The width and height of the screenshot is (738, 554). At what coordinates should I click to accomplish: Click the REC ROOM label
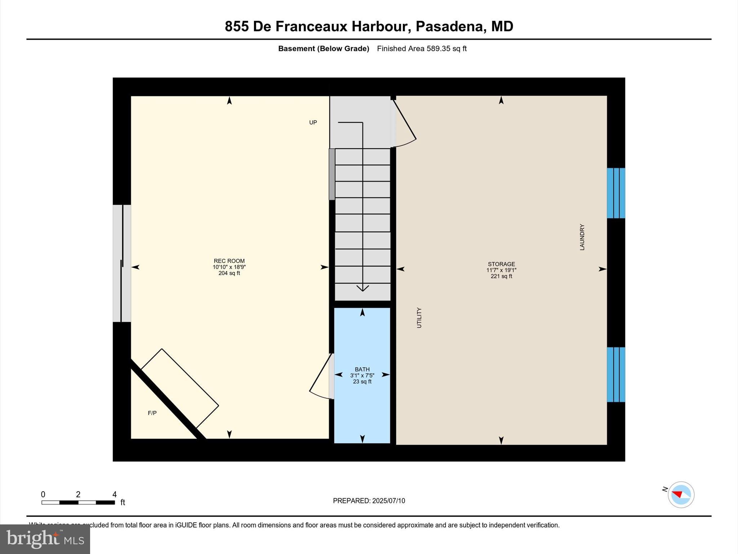tap(229, 261)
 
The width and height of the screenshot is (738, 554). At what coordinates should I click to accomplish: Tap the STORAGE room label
tap(501, 264)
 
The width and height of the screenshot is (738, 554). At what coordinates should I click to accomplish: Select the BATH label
tap(362, 369)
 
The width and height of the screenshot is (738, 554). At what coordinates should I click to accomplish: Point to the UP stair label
tap(313, 123)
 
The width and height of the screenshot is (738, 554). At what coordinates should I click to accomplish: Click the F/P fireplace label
tap(152, 413)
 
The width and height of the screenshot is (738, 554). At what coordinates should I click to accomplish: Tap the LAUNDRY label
tap(582, 237)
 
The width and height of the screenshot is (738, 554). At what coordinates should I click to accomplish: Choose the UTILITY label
tap(419, 318)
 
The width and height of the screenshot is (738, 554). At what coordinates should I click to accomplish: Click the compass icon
tap(681, 495)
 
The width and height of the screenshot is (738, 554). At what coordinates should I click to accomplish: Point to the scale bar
tap(78, 502)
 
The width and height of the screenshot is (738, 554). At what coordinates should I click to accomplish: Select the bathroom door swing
tap(321, 379)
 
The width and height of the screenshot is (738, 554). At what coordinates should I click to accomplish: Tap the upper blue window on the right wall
tap(616, 193)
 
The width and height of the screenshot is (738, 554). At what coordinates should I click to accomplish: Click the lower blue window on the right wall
tap(616, 374)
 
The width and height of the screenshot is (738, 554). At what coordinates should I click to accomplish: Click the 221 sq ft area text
tap(501, 276)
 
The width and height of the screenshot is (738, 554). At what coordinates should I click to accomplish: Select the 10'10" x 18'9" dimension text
tap(229, 267)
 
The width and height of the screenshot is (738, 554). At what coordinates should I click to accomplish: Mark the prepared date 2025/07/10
tap(388, 501)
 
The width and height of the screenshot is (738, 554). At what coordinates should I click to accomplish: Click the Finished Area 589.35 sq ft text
tap(422, 49)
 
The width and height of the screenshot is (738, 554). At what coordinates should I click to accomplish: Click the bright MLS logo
tap(45, 539)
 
